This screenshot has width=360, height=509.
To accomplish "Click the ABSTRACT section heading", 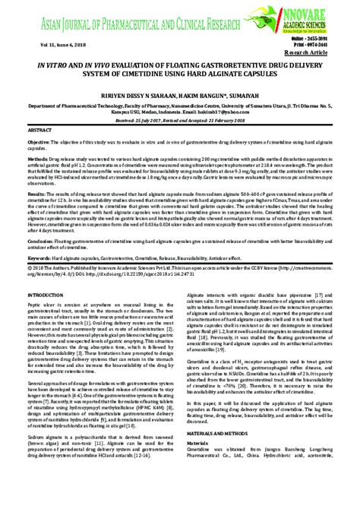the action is pos(40,151).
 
